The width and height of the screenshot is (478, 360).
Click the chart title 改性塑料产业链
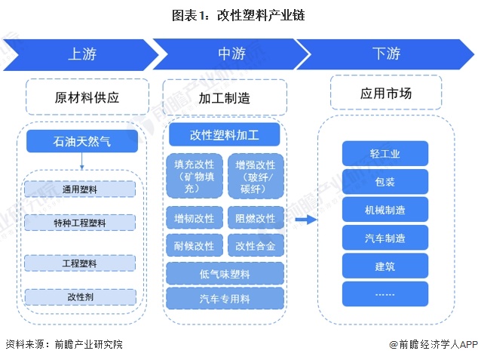click(239, 14)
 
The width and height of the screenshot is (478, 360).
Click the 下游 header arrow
click(385, 54)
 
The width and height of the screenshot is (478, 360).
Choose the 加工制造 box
click(225, 98)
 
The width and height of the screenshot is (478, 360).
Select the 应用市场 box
click(385, 94)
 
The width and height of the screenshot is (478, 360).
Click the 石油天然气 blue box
click(82, 141)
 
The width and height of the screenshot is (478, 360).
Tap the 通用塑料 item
click(80, 189)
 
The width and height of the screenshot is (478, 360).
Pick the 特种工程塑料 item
click(80, 223)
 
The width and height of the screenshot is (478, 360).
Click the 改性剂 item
click(80, 297)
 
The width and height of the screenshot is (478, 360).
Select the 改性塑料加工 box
click(224, 135)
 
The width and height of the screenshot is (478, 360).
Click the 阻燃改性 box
click(255, 219)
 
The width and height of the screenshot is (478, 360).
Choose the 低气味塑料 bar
click(225, 272)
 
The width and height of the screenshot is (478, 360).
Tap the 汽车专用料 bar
click(225, 297)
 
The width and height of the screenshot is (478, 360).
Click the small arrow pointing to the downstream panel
click(304, 220)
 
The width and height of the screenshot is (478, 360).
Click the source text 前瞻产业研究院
click(87, 344)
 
